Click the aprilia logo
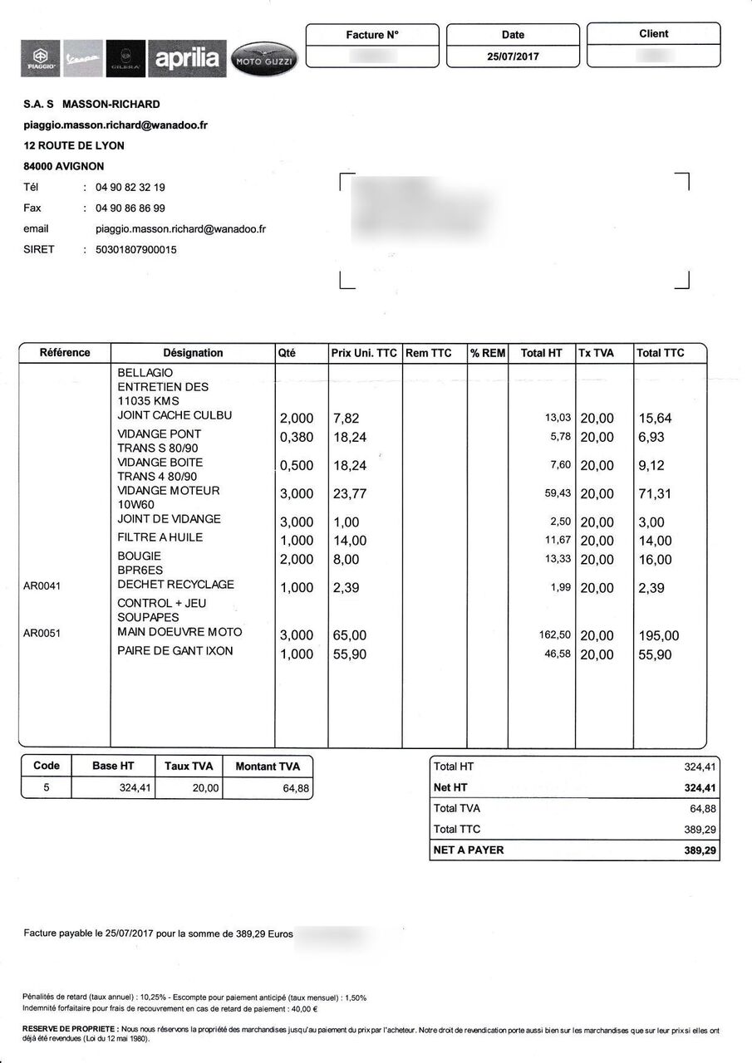point(187,58)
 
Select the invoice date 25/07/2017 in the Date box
point(513,56)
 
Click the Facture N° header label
point(372,35)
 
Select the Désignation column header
point(193,353)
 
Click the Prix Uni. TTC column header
point(364,353)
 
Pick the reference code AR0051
point(42,633)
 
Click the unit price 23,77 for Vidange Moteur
point(350,494)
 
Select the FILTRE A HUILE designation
point(160,537)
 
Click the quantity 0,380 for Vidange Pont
point(297,438)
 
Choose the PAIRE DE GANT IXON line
point(175,651)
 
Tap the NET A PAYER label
point(469,850)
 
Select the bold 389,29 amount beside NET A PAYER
point(700,850)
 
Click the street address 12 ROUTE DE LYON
point(74,145)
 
